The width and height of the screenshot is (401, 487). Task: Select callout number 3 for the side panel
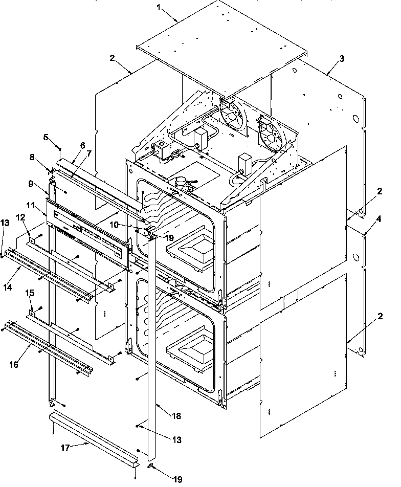pyautogui.click(x=342, y=58)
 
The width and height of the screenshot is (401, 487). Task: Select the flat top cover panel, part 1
pyautogui.click(x=220, y=46)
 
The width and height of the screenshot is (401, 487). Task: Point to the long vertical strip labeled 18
pyautogui.click(x=151, y=348)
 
